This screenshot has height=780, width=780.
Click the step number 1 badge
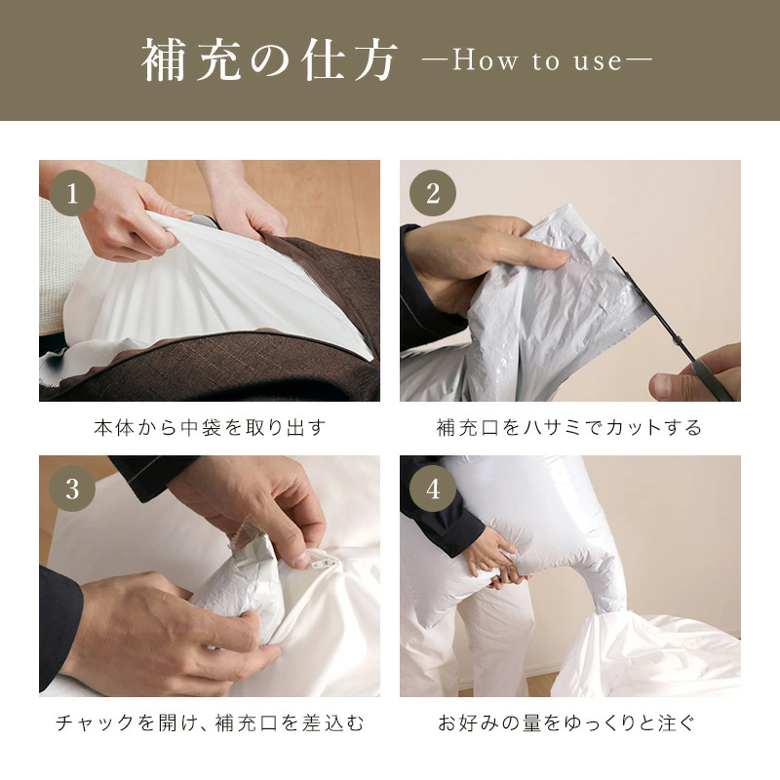[73, 194]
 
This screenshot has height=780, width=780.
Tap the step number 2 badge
[433, 194]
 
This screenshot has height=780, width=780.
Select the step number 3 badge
[73, 489]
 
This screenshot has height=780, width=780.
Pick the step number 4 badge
[433, 489]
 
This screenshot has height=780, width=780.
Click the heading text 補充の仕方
[270, 61]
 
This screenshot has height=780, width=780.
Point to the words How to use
[536, 62]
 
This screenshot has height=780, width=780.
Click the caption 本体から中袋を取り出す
[209, 427]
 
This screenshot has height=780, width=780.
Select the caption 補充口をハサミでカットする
[569, 427]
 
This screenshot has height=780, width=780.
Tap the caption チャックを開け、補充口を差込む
[209, 722]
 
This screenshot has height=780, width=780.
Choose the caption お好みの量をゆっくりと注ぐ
[569, 722]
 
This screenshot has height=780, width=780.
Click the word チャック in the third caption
[87, 722]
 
